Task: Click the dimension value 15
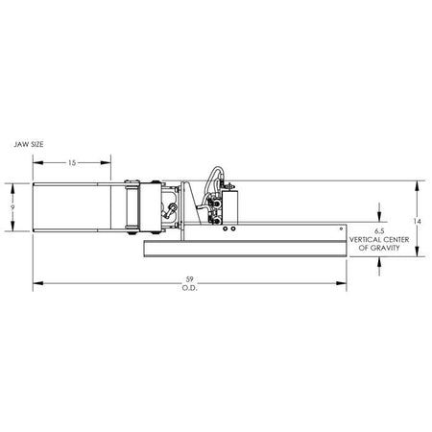[x=72, y=163]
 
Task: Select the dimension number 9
[x=12, y=207]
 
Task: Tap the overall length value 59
[x=190, y=279]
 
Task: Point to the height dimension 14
[x=417, y=221]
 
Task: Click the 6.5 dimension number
[x=379, y=231]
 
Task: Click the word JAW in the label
[x=19, y=144]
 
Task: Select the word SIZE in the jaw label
[x=35, y=144]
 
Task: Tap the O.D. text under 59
[x=190, y=288]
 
